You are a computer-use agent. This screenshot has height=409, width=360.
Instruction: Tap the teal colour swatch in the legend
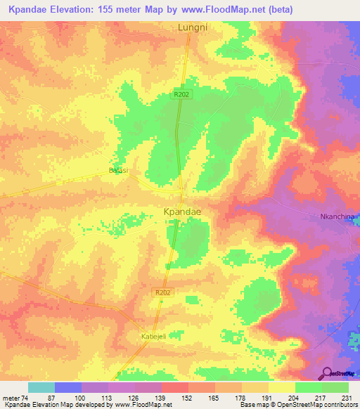point(41,387)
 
